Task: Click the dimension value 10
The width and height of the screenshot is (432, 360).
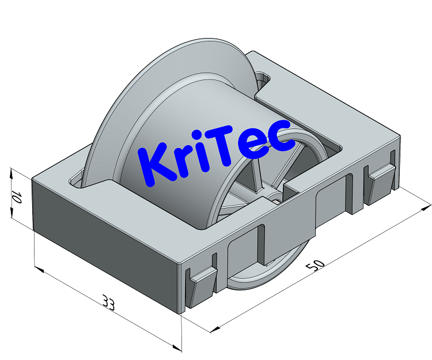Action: pyautogui.click(x=16, y=198)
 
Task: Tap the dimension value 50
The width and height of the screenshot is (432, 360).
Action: pyautogui.click(x=315, y=266)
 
